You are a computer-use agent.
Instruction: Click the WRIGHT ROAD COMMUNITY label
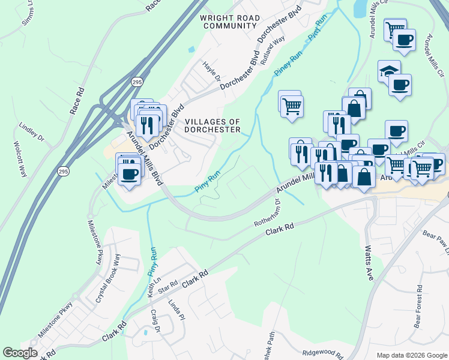tap(230, 22)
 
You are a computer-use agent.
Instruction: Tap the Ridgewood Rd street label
tap(322, 355)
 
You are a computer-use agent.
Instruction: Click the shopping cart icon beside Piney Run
tap(291, 106)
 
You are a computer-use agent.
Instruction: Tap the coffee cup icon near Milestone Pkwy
tap(128, 173)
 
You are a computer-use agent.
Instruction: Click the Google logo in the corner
tap(20, 353)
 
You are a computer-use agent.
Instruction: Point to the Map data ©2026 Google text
tap(412, 355)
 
